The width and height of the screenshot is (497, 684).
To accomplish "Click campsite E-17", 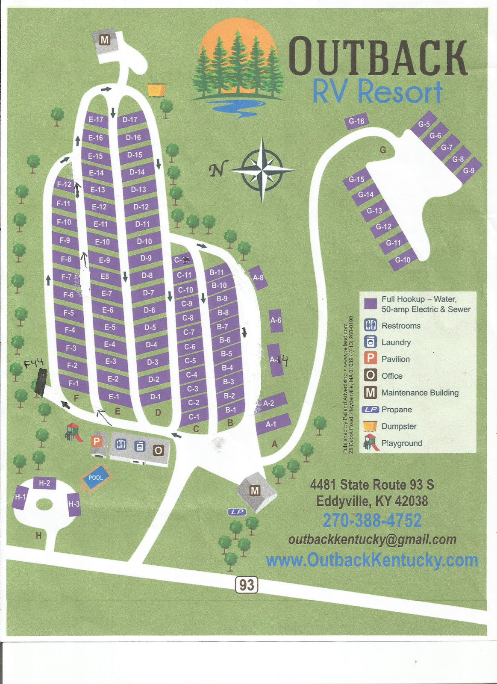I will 96,119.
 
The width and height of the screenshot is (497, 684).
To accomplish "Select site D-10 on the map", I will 144,242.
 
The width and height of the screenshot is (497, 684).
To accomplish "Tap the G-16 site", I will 356,121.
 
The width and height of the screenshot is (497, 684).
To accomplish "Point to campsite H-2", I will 44,483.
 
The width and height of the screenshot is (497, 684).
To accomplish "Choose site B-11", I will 217,272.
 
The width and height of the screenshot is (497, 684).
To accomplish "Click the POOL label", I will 96,478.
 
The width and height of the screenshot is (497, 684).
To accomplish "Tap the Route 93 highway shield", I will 247,584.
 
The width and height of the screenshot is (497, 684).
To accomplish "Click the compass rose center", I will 262,170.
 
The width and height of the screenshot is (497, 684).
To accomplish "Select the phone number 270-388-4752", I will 372,520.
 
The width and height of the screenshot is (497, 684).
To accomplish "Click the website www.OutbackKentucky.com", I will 372,560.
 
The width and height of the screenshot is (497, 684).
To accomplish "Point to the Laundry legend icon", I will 371,342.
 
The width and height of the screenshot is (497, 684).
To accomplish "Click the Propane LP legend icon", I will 371,409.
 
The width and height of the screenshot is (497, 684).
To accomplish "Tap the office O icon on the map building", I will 158,450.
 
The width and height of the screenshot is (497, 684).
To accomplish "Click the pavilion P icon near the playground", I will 97,441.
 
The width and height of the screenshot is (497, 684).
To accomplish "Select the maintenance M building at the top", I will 105,40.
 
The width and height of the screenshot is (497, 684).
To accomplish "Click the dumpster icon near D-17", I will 156,90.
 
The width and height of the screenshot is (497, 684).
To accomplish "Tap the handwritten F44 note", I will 34,364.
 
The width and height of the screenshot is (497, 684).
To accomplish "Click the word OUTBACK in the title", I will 378,57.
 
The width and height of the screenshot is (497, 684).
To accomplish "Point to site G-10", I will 403,260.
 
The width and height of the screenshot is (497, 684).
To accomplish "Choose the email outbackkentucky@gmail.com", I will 372,540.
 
